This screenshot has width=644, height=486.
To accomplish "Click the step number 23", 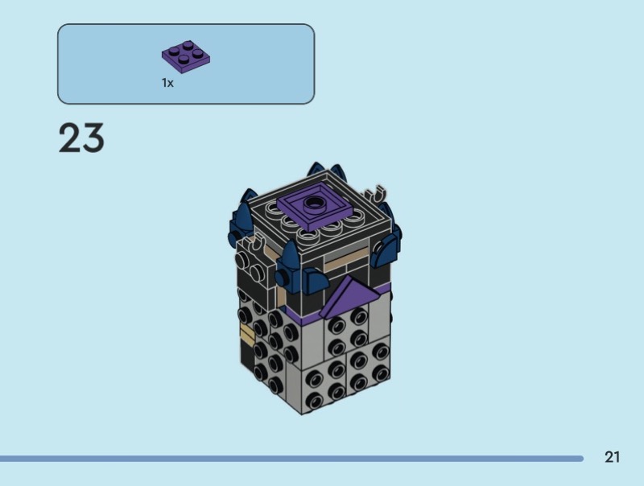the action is coord(81,138).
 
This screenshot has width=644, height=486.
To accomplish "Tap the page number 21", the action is coord(612,457).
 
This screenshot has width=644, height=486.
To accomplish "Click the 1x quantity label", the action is coord(167,83).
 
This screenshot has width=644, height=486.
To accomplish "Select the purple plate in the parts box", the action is coord(186,56).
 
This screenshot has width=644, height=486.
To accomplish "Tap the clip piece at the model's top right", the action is coord(376,193).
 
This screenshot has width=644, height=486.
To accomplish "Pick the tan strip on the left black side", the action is coord(247,334).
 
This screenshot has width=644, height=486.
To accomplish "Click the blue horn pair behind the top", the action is coord(327,171).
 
